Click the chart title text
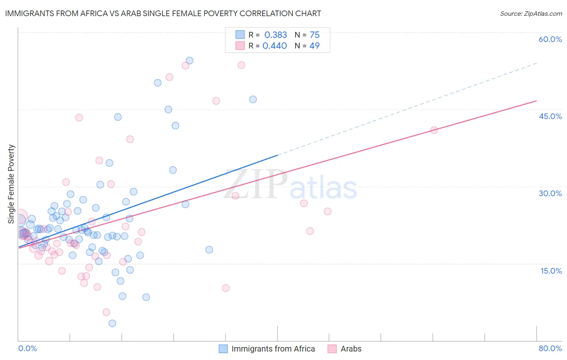coord(163,13)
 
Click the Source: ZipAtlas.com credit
coord(531,14)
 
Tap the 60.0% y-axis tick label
coord(550,39)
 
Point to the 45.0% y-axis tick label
coord(550,116)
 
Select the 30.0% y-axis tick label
coord(550,193)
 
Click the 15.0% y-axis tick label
coord(551,271)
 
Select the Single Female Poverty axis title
coord(11,184)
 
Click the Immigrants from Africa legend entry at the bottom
coord(273,349)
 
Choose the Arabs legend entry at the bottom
coord(351,349)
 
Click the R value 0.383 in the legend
coord(275,35)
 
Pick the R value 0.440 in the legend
coord(275,46)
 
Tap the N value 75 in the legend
coord(315,35)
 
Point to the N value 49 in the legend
coord(315,46)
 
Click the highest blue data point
coord(189,61)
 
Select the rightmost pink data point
coord(434,130)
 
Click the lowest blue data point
coord(113,323)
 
